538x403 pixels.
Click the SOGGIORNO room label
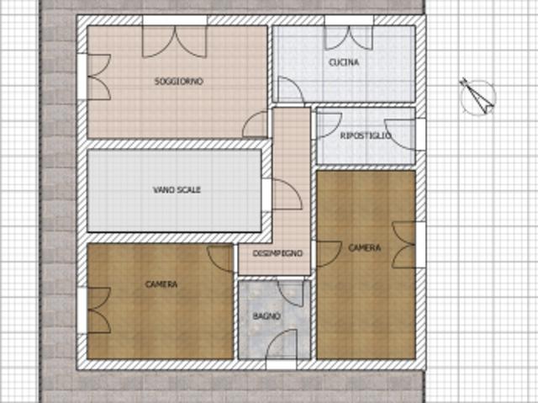pyautogui.click(x=179, y=82)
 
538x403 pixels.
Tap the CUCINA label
pyautogui.click(x=344, y=62)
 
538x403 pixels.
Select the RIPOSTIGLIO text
pyautogui.click(x=366, y=135)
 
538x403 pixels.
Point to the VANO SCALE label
pyautogui.click(x=177, y=190)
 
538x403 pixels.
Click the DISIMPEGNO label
pyautogui.click(x=277, y=253)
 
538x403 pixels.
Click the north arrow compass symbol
pyautogui.click(x=477, y=97)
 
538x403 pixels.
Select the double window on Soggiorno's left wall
pyautogui.click(x=99, y=77)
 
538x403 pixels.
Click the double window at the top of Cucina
pyautogui.click(x=349, y=38)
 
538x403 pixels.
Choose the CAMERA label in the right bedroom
pyautogui.click(x=364, y=247)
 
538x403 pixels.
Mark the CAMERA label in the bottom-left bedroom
pyautogui.click(x=161, y=284)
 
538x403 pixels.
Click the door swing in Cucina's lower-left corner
pyautogui.click(x=290, y=89)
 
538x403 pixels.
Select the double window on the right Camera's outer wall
pyautogui.click(x=403, y=245)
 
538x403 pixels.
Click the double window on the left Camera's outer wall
pyautogui.click(x=99, y=310)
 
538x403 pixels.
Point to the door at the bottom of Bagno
pyautogui.click(x=282, y=344)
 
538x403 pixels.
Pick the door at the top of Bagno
pyautogui.click(x=291, y=294)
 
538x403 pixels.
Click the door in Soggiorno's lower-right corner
pyautogui.click(x=255, y=125)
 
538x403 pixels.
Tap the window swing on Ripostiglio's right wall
pyautogui.click(x=400, y=135)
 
